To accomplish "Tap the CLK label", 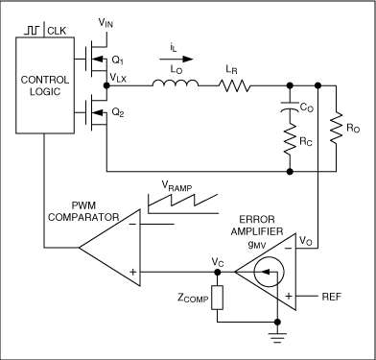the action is pos(57,31).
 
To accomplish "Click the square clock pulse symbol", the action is pos(32,31).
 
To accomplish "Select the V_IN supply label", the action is pos(106,23).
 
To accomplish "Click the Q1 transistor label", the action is pos(118,60).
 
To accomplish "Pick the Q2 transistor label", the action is pos(118,112).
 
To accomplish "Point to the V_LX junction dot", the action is pos(106,85).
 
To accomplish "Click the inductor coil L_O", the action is pos(176,84).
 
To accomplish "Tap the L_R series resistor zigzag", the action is pos(235,85).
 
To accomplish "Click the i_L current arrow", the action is pos(176,59).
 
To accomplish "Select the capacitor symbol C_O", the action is pos(290,108).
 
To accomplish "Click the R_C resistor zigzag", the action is pos(290,140).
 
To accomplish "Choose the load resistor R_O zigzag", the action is pos(336,129).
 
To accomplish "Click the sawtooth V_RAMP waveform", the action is pos(183,204).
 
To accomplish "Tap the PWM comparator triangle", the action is pos(109,248).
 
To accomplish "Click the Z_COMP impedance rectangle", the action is pos(217,298).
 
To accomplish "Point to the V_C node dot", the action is pos(217,272).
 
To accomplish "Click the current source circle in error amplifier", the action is pos(269,272).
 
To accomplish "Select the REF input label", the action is pos(331,297).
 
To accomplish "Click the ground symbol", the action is pos(277,338).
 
